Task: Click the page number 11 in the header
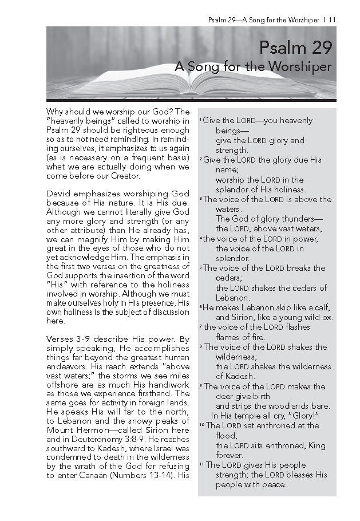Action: coord(333,20)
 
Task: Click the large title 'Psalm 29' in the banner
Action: coord(295,48)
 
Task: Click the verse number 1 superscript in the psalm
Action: coord(200,120)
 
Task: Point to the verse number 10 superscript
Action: coord(201,425)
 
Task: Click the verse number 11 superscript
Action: coord(201,465)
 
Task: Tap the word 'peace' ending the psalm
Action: coord(272,485)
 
